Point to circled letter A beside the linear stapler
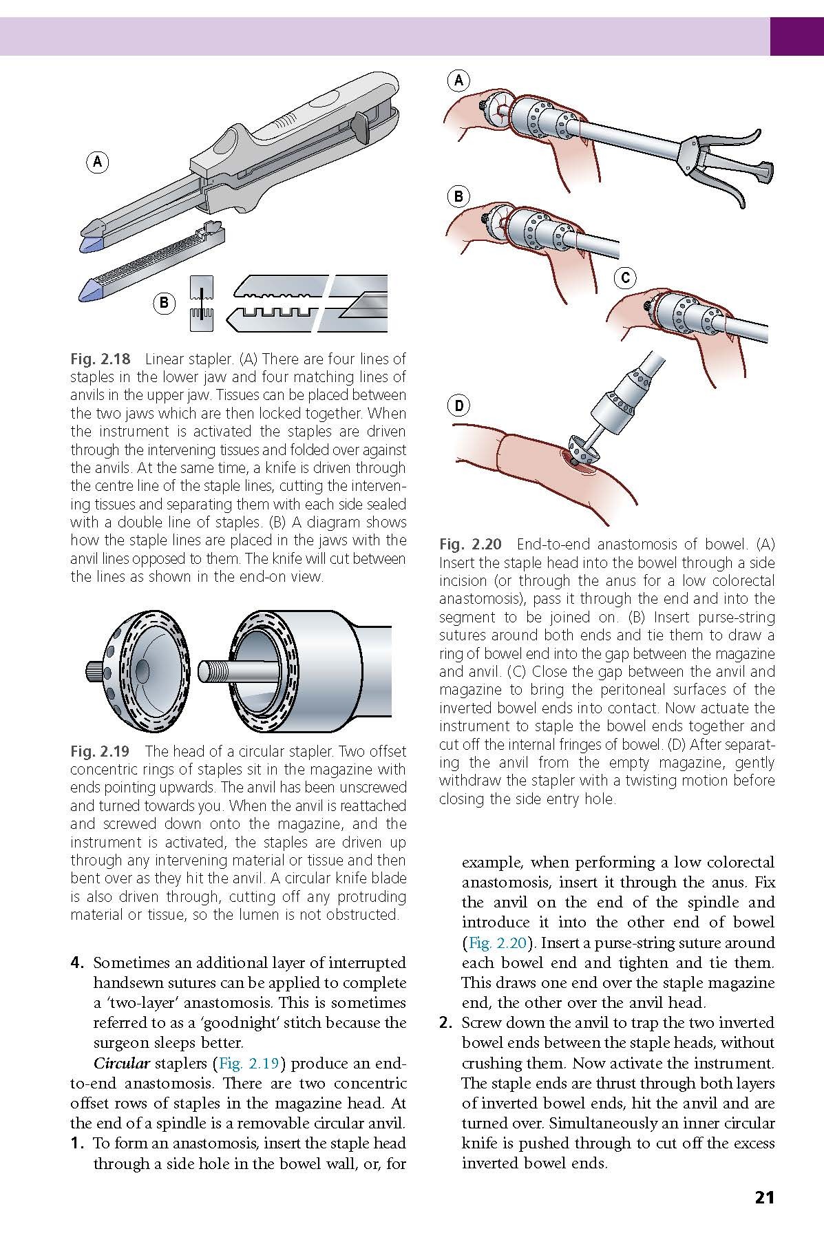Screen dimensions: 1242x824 pyautogui.click(x=98, y=162)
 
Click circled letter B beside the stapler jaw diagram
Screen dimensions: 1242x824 pyautogui.click(x=164, y=302)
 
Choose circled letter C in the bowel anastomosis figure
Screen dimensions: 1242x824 pyautogui.click(x=625, y=278)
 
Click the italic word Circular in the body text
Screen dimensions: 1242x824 pyautogui.click(x=121, y=1063)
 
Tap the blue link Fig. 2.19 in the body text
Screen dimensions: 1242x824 pyautogui.click(x=249, y=1063)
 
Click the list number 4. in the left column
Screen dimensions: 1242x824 pyautogui.click(x=78, y=962)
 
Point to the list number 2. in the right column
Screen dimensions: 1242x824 pyautogui.click(x=446, y=1023)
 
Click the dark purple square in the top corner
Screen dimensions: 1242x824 pyautogui.click(x=796, y=36)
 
